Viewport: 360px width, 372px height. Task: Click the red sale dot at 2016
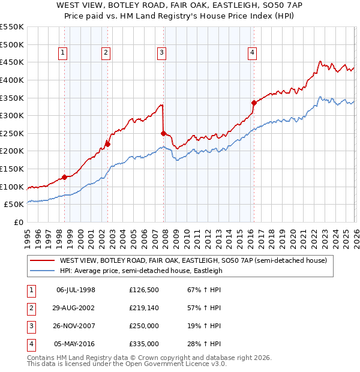[254, 103]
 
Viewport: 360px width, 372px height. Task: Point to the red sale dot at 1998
[64, 177]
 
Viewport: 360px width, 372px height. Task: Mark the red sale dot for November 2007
[163, 133]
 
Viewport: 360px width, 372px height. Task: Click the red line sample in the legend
[43, 261]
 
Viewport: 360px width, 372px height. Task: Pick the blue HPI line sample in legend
[43, 271]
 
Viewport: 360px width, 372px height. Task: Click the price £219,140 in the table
[143, 308]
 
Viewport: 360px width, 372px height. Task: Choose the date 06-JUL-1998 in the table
[76, 290]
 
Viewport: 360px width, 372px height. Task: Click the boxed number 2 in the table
[31, 308]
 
